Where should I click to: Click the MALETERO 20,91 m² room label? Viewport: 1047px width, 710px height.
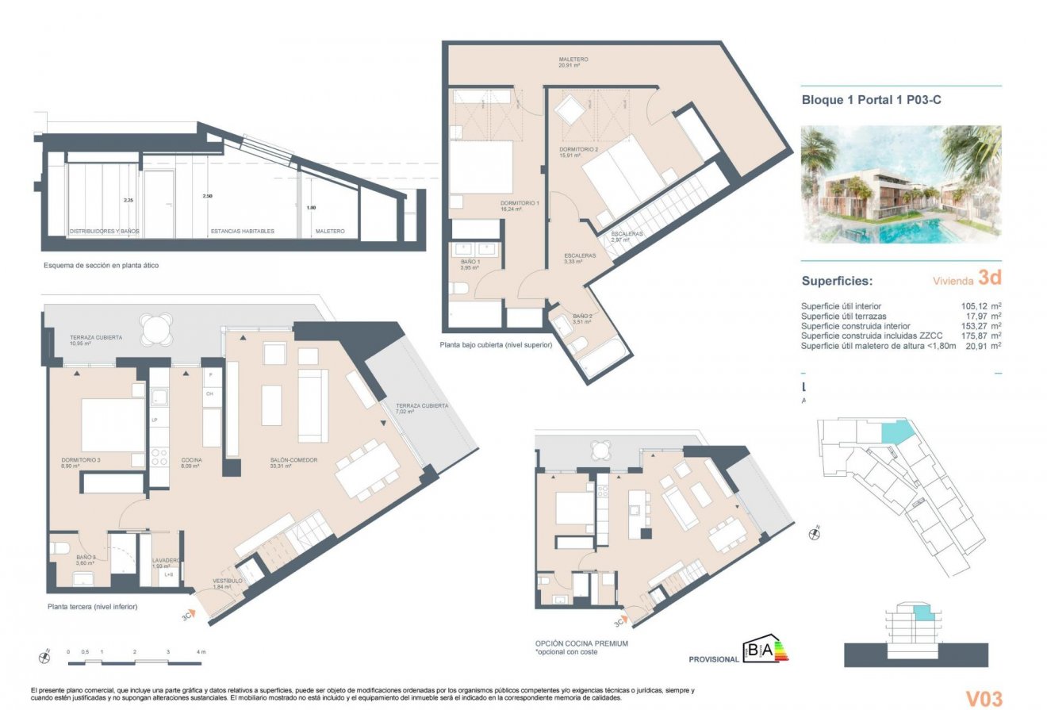click(573, 62)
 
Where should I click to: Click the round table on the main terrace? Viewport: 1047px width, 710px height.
click(155, 327)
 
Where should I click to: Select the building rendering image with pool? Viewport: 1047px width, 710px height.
click(901, 184)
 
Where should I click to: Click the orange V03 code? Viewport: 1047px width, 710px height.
click(984, 698)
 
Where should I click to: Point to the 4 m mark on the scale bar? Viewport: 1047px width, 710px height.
click(201, 652)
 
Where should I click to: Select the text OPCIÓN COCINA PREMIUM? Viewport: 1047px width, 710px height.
click(581, 643)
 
